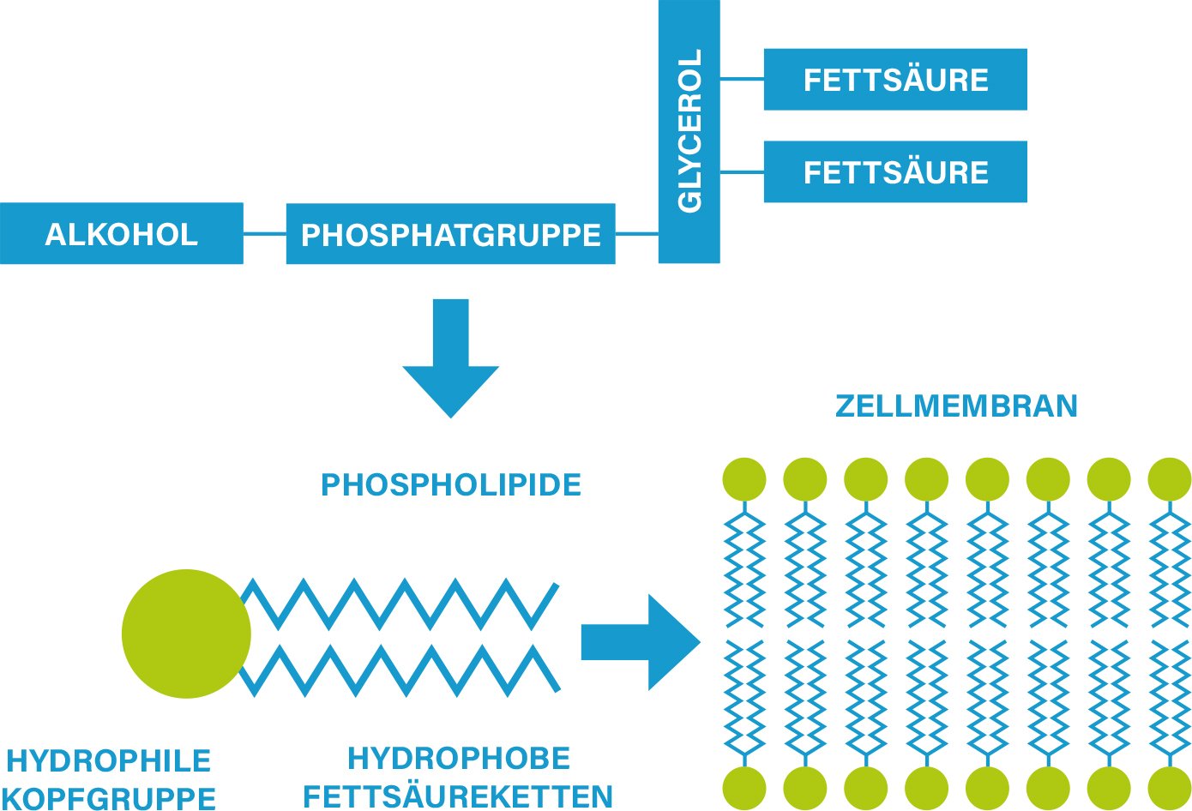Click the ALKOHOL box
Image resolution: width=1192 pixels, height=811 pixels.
pyautogui.click(x=121, y=233)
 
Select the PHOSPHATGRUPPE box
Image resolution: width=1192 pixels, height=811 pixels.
pyautogui.click(x=450, y=233)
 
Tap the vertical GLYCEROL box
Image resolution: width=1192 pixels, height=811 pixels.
pyautogui.click(x=689, y=130)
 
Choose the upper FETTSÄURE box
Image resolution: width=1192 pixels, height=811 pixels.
pyautogui.click(x=895, y=79)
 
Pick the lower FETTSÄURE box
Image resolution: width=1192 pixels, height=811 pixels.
pyautogui.click(x=895, y=171)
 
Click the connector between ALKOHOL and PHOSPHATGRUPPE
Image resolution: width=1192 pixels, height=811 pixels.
pyautogui.click(x=264, y=233)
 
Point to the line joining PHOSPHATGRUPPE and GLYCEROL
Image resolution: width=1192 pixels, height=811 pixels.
pyautogui.click(x=636, y=233)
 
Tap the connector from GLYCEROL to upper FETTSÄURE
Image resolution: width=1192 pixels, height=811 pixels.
pyautogui.click(x=742, y=79)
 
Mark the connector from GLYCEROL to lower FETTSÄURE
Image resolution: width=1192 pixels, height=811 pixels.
pyautogui.click(x=742, y=171)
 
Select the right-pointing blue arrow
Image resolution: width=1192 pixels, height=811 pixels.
pyautogui.click(x=639, y=642)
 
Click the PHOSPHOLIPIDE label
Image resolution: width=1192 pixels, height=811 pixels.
pyautogui.click(x=451, y=485)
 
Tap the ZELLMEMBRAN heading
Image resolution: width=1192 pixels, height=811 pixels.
pyautogui.click(x=956, y=405)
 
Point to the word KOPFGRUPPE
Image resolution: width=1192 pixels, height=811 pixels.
pyautogui.click(x=110, y=797)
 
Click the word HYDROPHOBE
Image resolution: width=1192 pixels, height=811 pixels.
pyautogui.click(x=459, y=759)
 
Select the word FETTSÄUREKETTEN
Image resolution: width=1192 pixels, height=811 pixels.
pyautogui.click(x=459, y=796)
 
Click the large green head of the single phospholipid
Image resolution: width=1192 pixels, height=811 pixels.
pyautogui.click(x=185, y=634)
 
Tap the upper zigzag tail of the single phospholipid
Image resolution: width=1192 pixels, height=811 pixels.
pyautogui.click(x=402, y=604)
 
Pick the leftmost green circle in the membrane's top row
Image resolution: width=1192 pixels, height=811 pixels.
pyautogui.click(x=744, y=479)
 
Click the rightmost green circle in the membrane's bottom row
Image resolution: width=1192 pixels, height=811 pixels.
pyautogui.click(x=1169, y=788)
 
